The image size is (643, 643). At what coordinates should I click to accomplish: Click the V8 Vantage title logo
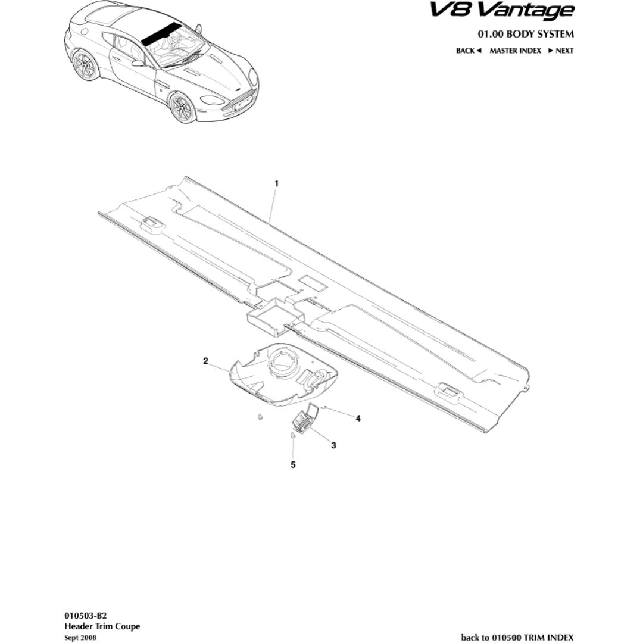point(501,11)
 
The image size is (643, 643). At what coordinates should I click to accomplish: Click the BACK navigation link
point(469,51)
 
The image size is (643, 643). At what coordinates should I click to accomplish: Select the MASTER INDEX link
point(516,51)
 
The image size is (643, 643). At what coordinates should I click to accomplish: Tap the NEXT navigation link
point(561,51)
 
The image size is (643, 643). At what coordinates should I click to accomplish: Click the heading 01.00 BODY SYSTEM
point(525,33)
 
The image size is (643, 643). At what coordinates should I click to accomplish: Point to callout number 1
point(276,184)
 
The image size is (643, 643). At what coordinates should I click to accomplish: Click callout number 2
point(205,361)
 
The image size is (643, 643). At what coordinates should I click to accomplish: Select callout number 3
point(333,445)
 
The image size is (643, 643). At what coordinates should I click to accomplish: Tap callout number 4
point(358,419)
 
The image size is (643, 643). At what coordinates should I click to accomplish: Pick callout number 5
point(293,464)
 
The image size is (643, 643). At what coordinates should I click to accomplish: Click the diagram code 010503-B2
point(85,616)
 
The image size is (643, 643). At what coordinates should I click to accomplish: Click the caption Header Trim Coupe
point(102,626)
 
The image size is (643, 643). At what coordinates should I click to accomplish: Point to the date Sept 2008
point(80,638)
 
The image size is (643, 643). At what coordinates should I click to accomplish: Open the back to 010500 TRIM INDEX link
point(517,637)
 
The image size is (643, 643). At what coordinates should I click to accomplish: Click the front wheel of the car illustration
point(182,107)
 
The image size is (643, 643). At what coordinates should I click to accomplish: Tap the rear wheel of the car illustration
point(86,65)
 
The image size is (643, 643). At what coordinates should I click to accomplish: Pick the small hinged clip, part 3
point(305,419)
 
